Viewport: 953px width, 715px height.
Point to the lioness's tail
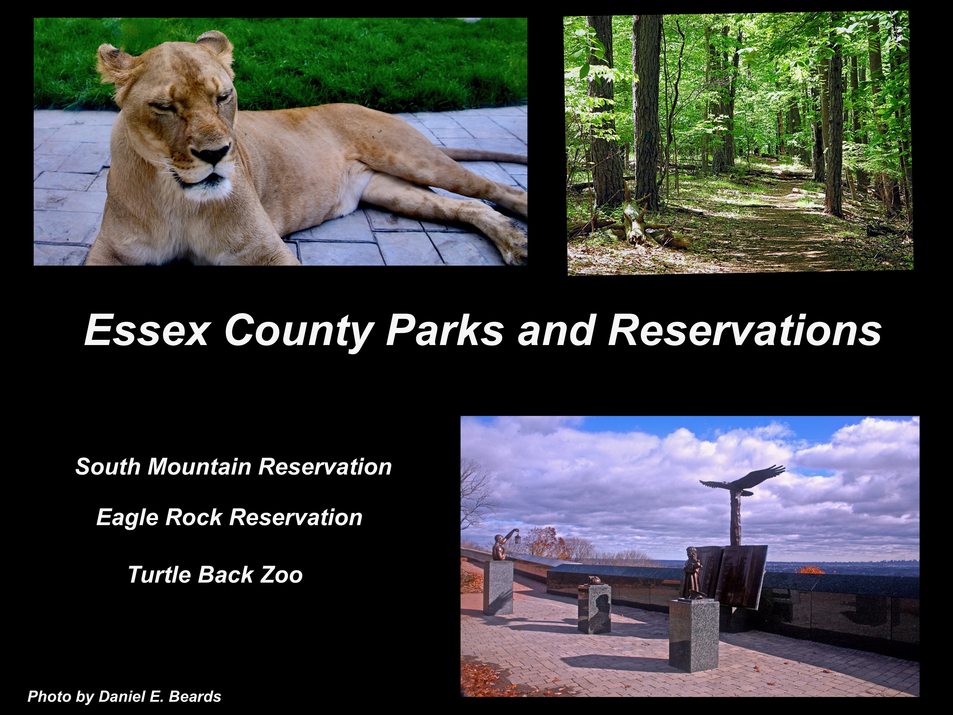[x=483, y=156]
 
